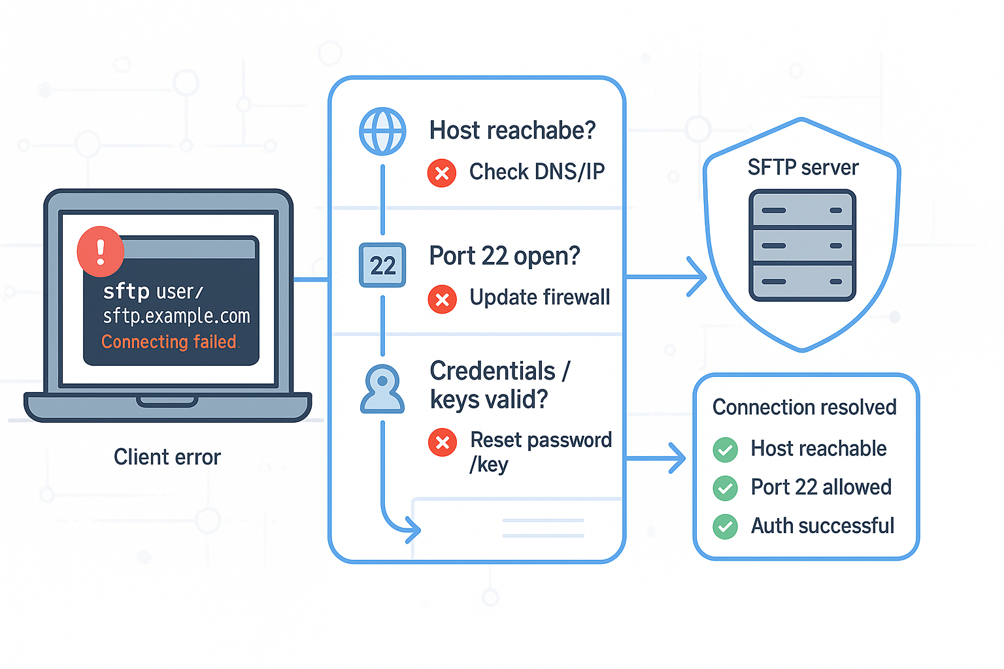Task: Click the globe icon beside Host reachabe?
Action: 382,131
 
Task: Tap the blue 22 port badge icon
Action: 382,265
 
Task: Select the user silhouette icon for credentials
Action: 382,389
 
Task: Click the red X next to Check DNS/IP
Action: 442,173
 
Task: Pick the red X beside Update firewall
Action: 442,299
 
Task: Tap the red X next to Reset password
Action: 443,442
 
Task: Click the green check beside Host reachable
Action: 725,449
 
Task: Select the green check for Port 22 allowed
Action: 725,488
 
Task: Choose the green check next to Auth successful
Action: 725,527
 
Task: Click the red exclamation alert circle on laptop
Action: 101,252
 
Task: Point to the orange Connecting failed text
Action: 169,342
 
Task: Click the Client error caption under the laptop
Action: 167,457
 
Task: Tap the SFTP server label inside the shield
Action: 803,168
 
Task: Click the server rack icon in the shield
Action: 802,246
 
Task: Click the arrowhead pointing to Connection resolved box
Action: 678,458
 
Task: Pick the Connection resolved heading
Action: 804,407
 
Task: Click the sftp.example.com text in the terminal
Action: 176,316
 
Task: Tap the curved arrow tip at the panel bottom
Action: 414,529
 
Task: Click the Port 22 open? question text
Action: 505,256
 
